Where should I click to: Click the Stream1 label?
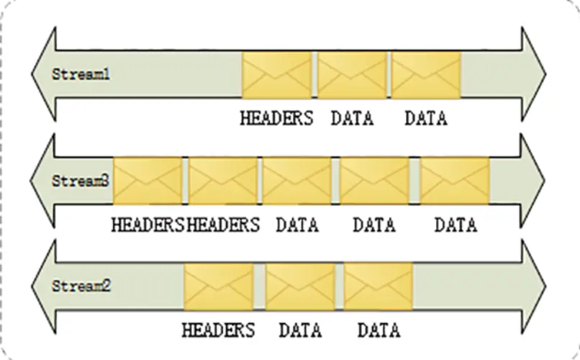(x=81, y=74)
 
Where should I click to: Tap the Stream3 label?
(x=81, y=181)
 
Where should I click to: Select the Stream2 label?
(x=81, y=286)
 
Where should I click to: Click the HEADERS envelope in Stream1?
(x=277, y=74)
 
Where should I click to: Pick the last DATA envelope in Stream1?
(x=426, y=74)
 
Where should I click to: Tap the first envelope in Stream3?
(x=148, y=181)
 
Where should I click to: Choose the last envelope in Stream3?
(x=455, y=181)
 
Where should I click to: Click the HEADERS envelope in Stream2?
(x=219, y=286)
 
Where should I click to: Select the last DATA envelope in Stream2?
(x=379, y=286)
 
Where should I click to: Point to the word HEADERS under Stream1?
(x=277, y=118)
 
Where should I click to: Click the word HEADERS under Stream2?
(x=219, y=330)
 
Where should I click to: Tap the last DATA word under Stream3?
(x=456, y=225)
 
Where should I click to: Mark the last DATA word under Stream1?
(x=426, y=118)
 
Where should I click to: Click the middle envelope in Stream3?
(x=296, y=181)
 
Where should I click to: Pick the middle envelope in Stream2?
(x=300, y=286)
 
